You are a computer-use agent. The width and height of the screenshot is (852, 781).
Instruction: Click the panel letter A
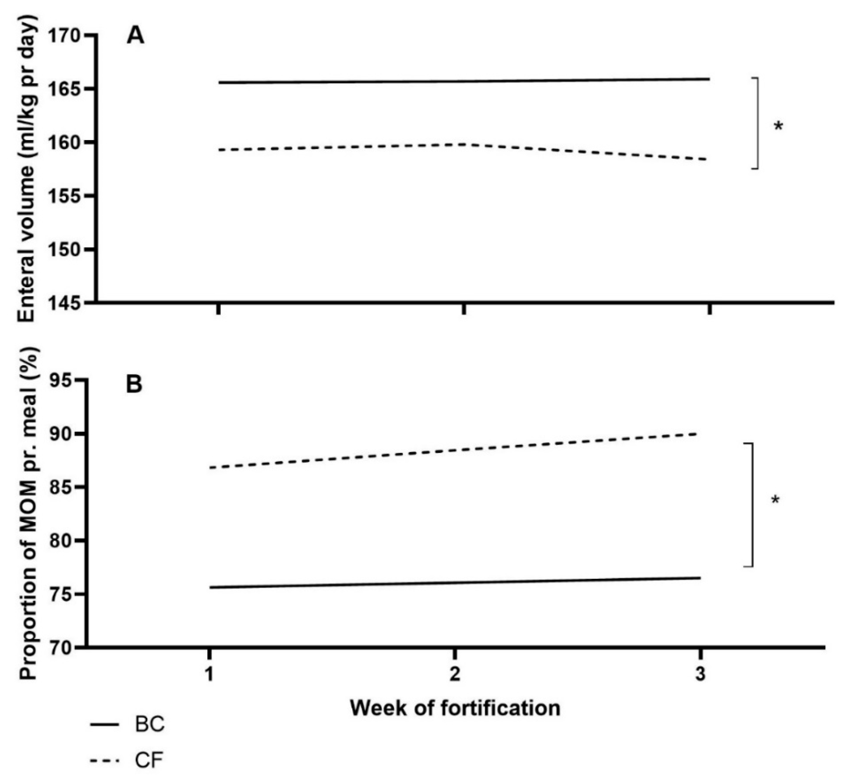click(x=136, y=36)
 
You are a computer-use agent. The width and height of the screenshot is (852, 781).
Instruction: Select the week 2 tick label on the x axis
click(x=455, y=674)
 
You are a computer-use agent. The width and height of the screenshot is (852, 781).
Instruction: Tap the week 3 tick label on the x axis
click(x=700, y=674)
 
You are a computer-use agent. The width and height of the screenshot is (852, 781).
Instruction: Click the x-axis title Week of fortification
click(x=455, y=708)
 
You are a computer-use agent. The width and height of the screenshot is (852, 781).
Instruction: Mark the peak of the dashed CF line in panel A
click(x=464, y=144)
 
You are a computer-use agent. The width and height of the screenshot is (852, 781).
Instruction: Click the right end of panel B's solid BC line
click(x=700, y=578)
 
